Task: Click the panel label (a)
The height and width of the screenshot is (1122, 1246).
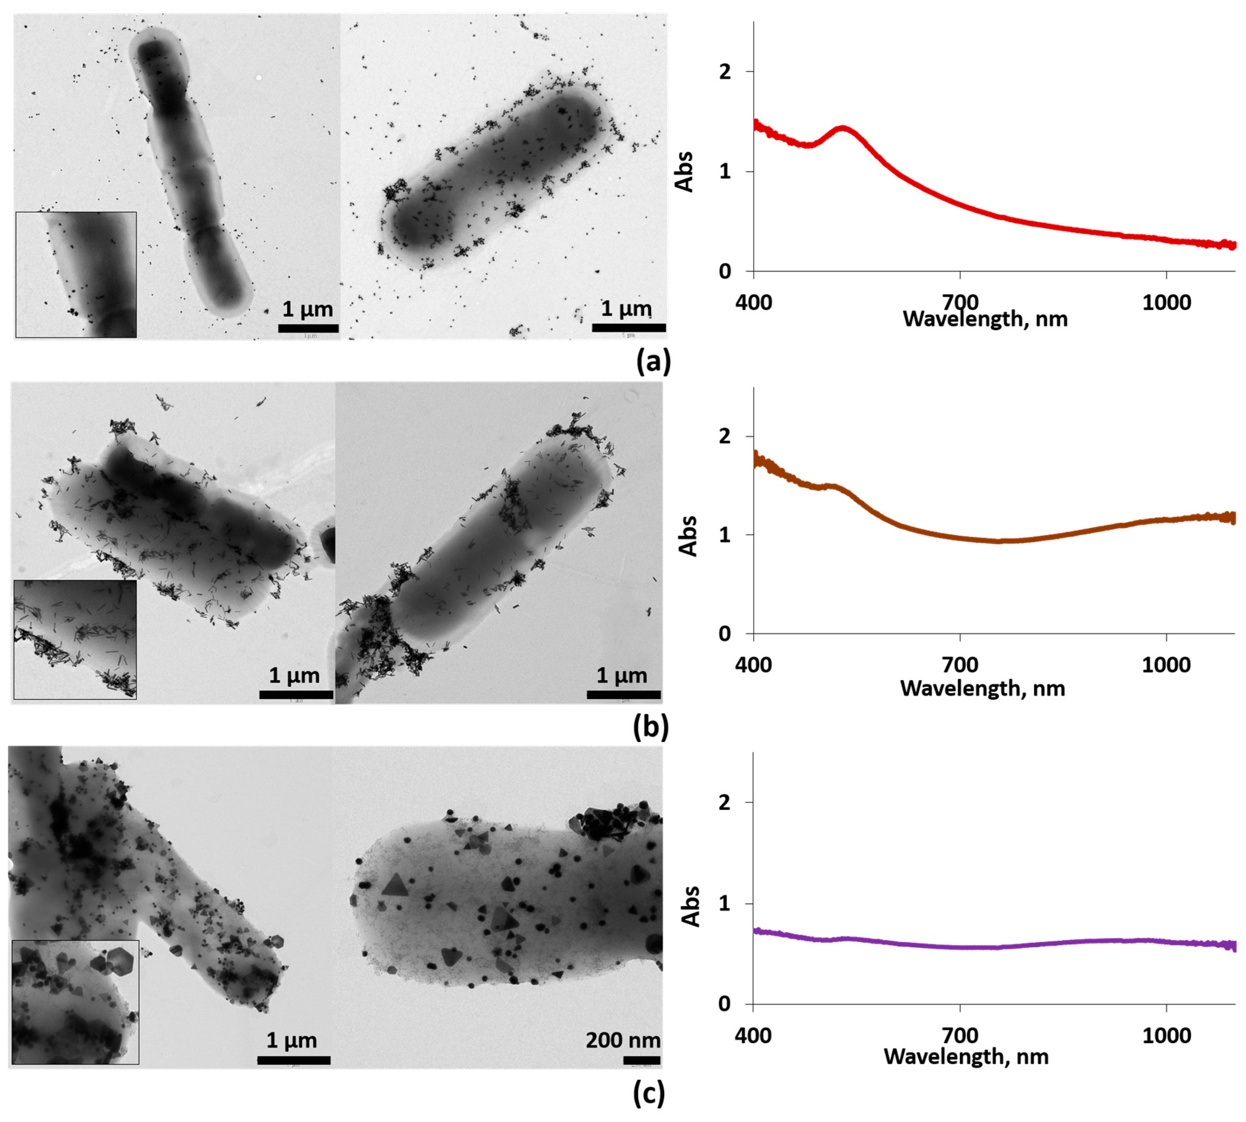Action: pos(652,361)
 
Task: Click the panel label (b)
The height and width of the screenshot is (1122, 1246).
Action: pos(650,727)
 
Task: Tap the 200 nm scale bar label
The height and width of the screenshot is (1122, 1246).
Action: pos(623,1040)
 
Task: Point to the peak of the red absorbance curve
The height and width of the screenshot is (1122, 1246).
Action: pos(843,129)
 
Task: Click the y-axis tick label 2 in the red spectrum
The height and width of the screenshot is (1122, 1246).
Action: pos(725,72)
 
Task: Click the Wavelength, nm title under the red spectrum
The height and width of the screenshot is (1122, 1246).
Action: pos(984,319)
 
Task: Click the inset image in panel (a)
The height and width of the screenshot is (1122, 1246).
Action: pos(76,274)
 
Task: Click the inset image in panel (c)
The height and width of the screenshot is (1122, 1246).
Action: pos(75,1002)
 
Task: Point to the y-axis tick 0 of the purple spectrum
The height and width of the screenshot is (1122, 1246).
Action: pos(725,1004)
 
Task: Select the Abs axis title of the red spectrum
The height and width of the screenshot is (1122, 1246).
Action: pos(685,172)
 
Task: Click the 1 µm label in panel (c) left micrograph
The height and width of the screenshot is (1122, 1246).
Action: pos(292,1040)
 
